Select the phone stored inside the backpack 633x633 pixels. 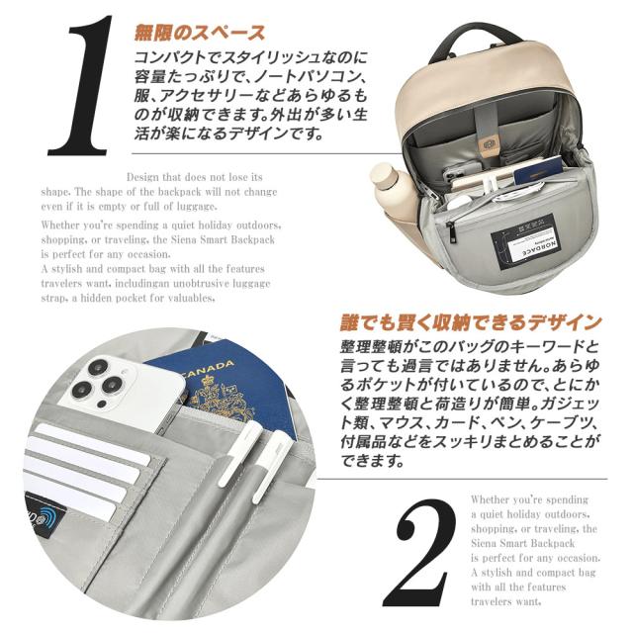coord(465,178)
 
